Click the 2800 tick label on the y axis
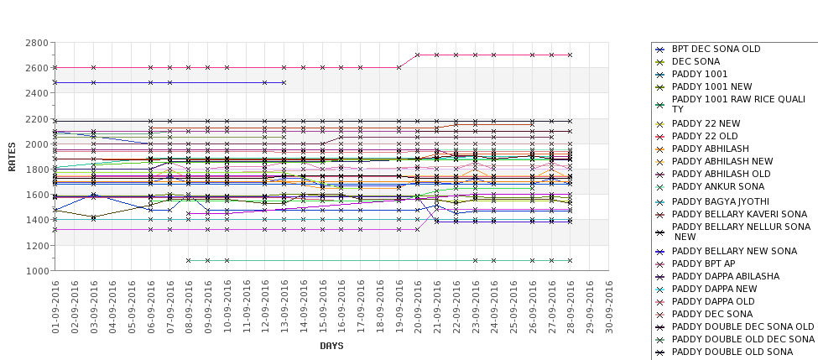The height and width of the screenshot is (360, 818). coord(36,42)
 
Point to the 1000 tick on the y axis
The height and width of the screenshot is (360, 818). coord(36,270)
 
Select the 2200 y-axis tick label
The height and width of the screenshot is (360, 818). coord(36,118)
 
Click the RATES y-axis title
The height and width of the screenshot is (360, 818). coord(12,156)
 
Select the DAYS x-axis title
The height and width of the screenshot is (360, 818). coord(331,346)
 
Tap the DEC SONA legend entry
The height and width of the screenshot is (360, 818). coord(696,61)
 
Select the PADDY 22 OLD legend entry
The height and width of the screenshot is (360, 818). coord(705,136)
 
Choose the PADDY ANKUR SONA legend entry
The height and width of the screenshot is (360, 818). coord(718,186)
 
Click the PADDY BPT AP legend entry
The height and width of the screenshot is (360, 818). coord(702,264)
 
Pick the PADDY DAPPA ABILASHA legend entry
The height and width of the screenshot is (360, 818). coord(725,276)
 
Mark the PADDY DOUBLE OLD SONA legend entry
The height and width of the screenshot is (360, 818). coord(732,352)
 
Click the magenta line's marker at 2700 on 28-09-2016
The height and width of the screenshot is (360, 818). coord(571,55)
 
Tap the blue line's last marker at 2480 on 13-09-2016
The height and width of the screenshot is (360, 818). coord(284,82)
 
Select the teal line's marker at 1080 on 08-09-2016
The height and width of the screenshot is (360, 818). coord(189,260)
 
